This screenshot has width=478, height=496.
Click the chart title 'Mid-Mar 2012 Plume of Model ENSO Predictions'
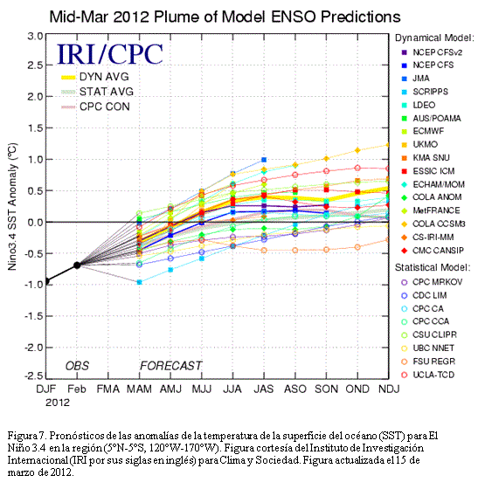(x=225, y=17)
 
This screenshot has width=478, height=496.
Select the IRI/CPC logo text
(x=110, y=54)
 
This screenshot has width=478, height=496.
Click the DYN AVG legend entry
(x=95, y=77)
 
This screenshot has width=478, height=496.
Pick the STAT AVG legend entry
(x=97, y=92)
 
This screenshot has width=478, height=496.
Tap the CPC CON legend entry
(x=95, y=107)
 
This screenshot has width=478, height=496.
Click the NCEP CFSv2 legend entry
(x=432, y=52)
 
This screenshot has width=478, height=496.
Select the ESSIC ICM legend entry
(x=428, y=171)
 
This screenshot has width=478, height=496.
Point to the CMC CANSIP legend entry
(x=433, y=251)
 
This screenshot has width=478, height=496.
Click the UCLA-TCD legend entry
(x=428, y=375)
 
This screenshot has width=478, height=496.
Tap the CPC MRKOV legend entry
(x=432, y=282)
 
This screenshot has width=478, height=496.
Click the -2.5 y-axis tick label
(x=33, y=375)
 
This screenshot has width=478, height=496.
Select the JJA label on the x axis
(x=232, y=389)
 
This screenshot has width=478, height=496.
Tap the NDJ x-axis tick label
(x=389, y=389)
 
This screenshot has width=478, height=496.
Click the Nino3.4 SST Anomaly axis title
(x=12, y=207)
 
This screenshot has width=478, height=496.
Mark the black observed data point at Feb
(x=77, y=265)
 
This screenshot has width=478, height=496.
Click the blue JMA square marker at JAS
(x=264, y=160)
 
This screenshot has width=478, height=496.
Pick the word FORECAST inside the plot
(x=170, y=366)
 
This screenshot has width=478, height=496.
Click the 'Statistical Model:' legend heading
(x=433, y=267)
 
